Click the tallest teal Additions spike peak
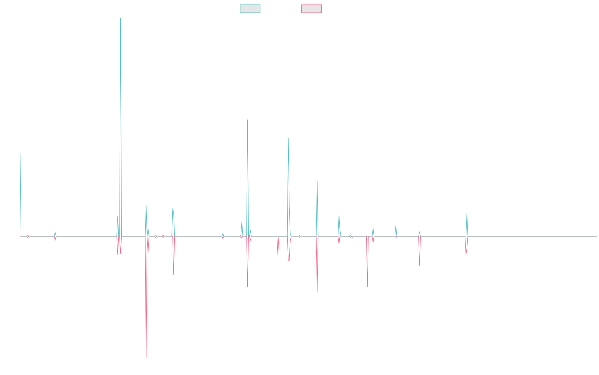pos(121,19)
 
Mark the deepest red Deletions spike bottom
pos(146,357)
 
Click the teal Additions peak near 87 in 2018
pos(248,120)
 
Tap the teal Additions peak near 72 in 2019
pos(288,139)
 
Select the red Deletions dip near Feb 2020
pos(317,292)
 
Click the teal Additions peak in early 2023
pos(467,214)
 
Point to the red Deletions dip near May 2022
pos(420,265)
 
